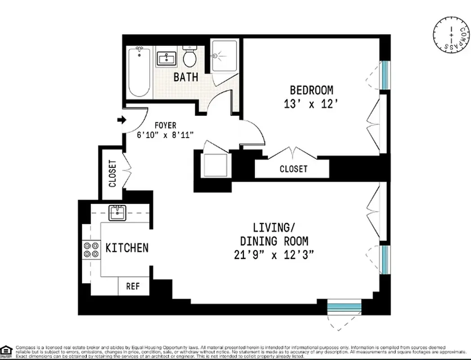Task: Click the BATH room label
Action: [186, 77]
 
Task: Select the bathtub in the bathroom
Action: [139, 72]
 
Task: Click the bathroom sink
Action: [167, 58]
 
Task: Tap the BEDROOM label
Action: [311, 90]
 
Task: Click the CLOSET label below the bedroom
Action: [293, 169]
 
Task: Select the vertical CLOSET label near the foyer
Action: [112, 173]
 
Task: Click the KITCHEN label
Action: [127, 248]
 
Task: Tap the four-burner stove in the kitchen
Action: [91, 249]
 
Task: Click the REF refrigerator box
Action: [132, 286]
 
